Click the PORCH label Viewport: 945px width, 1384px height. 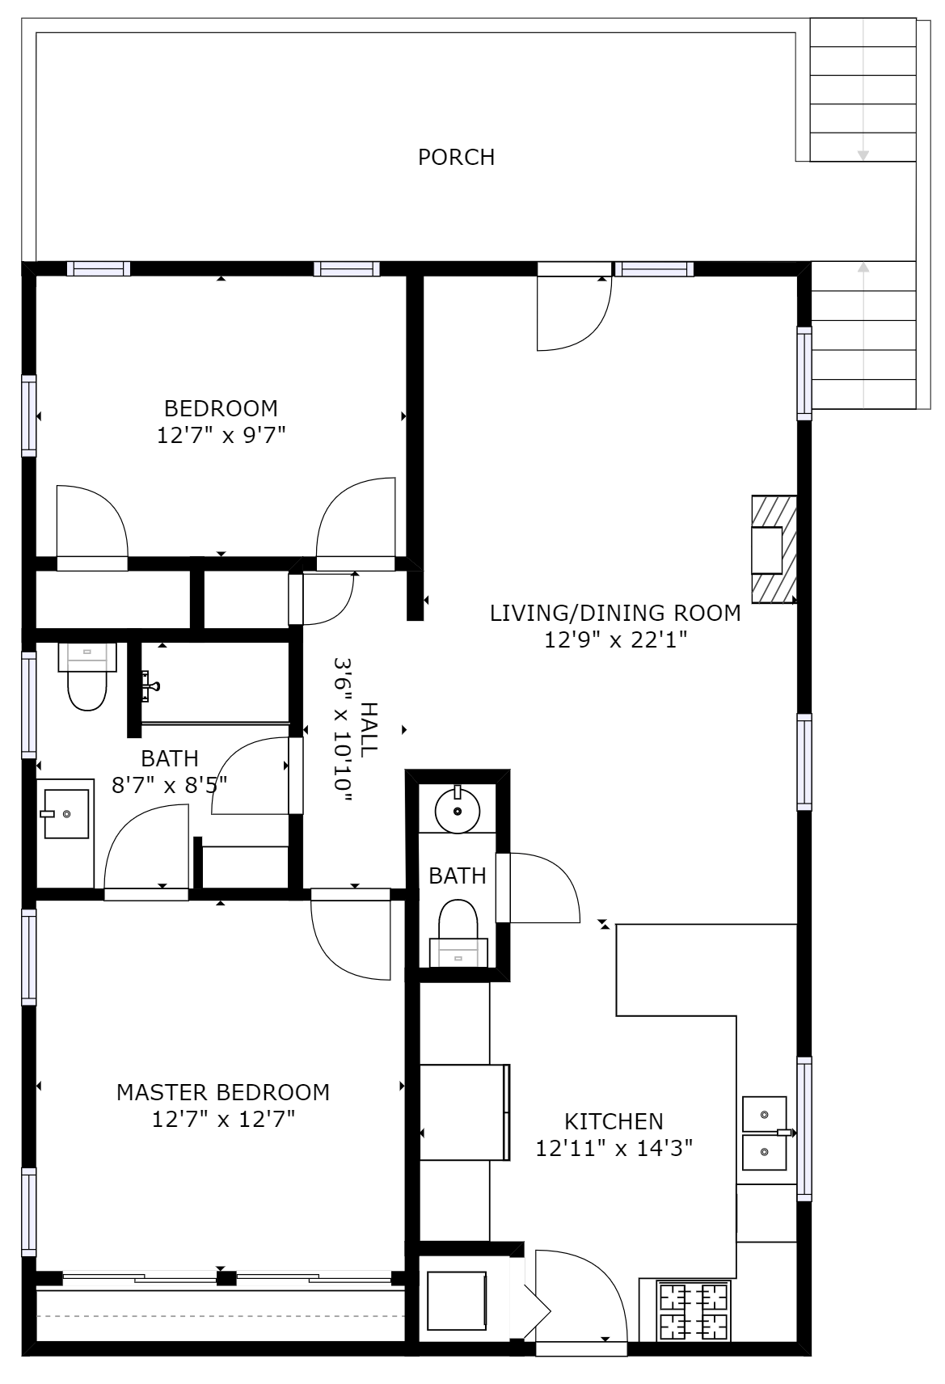[x=456, y=157]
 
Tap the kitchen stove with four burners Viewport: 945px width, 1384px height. [x=694, y=1311]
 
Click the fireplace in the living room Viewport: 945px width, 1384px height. [x=774, y=549]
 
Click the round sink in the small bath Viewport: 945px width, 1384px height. [x=458, y=811]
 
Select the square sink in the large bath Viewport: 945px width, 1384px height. [x=65, y=814]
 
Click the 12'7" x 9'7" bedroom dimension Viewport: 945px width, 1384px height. [x=221, y=436]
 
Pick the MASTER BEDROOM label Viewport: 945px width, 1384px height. [x=223, y=1092]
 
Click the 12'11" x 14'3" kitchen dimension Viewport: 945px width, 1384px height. [x=614, y=1148]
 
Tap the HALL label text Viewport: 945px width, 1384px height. [x=369, y=729]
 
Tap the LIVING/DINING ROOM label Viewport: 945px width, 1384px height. [x=615, y=613]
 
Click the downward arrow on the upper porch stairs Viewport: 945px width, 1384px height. [x=863, y=154]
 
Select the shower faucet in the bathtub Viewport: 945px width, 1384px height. [x=150, y=686]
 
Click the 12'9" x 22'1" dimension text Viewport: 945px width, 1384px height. [x=615, y=640]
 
